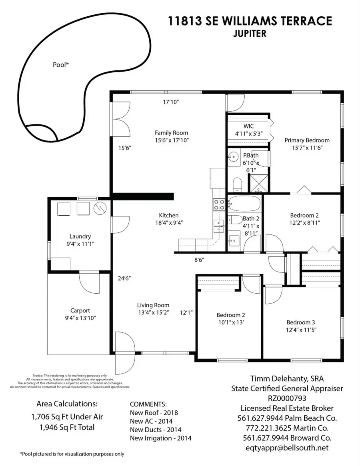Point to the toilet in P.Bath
[236, 185]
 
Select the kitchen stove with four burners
[219, 205]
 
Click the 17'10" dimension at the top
[171, 102]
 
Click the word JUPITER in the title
[249, 34]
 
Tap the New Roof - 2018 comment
[154, 412]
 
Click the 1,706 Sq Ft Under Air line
[67, 417]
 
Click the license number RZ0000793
[287, 398]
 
